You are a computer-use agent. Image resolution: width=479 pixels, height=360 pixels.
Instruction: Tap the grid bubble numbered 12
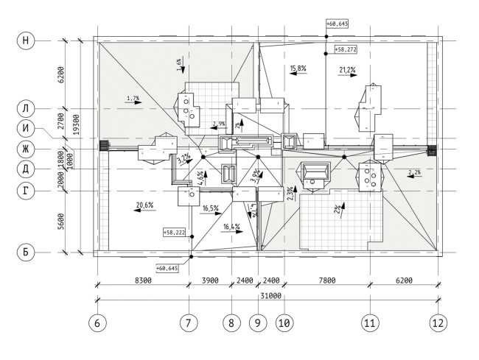point(439,322)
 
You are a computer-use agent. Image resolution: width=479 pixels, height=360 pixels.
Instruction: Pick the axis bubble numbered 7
point(191,322)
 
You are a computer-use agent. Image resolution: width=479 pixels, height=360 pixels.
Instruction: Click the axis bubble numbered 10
point(284,322)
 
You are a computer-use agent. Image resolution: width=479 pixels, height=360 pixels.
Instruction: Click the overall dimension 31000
point(268,295)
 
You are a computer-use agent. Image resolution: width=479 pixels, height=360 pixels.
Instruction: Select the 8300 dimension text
point(143,280)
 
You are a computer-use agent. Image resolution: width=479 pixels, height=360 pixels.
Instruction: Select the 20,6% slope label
point(144,205)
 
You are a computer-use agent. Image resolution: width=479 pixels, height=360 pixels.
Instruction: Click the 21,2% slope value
point(347,70)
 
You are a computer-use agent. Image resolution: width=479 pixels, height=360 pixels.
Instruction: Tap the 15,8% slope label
point(298,68)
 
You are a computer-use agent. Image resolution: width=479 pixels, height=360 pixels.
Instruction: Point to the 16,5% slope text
point(211,209)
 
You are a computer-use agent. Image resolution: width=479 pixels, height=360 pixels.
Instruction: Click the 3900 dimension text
point(211,280)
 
